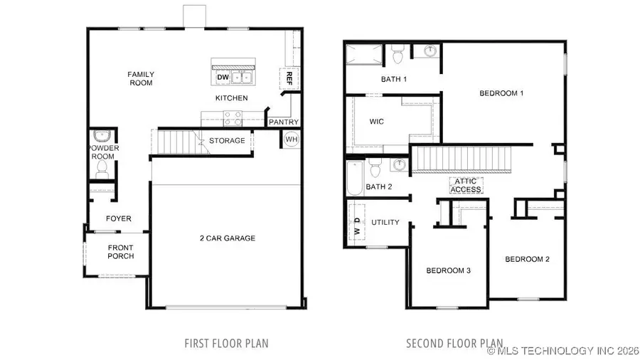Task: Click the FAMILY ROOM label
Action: click(141, 78)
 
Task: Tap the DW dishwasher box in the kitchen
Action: click(222, 77)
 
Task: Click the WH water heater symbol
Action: click(291, 140)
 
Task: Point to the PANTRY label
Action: click(283, 122)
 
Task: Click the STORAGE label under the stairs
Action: click(227, 141)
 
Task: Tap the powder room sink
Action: click(101, 136)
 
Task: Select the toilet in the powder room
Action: click(102, 169)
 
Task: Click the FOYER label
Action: click(119, 218)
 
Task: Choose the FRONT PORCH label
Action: click(121, 252)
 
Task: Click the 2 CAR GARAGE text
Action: click(226, 238)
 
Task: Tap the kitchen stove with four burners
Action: click(232, 117)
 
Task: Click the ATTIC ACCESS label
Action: click(466, 185)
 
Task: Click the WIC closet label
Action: click(376, 122)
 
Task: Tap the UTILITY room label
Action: click(385, 223)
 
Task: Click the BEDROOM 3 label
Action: click(448, 270)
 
